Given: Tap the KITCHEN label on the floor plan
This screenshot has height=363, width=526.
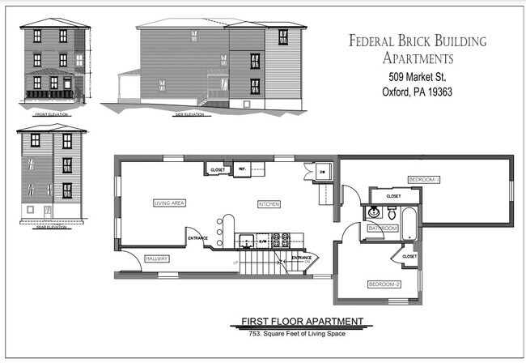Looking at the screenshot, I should click(269, 203).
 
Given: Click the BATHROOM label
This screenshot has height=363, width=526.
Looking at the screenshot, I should click(383, 228).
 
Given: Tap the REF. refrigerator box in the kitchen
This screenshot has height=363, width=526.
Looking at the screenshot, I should click(242, 169).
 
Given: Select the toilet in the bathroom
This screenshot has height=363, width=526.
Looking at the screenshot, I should click(391, 213).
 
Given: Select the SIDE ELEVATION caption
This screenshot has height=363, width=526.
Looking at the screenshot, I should click(189, 114).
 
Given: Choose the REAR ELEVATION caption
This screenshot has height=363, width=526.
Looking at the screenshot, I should click(51, 227).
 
